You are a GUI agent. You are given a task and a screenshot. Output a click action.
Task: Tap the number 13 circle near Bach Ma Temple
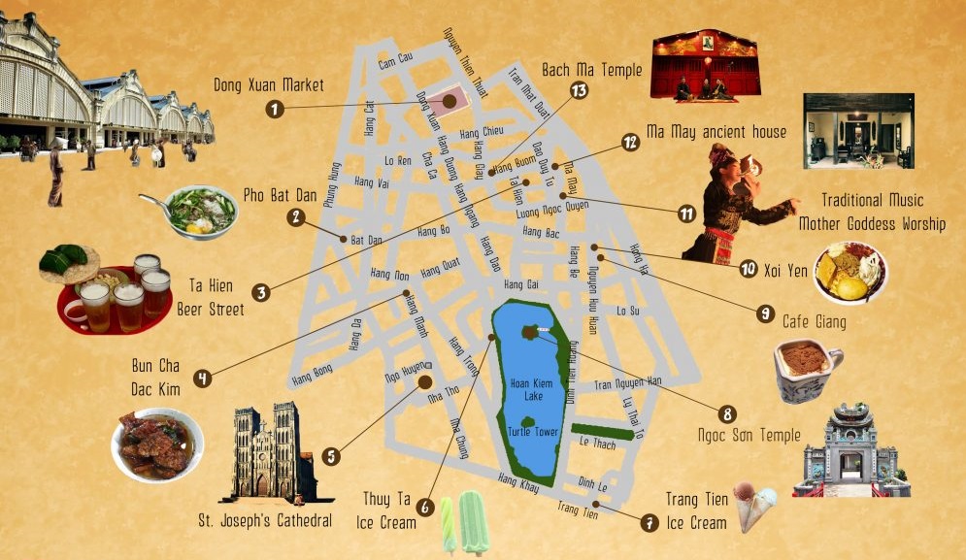[x=580, y=90]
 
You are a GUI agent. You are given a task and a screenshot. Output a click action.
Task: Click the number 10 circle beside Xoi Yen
[x=748, y=268]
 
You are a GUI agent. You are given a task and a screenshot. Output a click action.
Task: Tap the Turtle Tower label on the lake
[x=533, y=432]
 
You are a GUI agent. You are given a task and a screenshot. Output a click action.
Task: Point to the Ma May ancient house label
[x=716, y=131]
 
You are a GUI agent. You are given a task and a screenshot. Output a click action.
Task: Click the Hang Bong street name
[x=312, y=381]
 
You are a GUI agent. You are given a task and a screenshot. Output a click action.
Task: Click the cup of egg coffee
[x=806, y=370]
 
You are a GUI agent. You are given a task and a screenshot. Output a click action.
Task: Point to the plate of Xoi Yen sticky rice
[x=850, y=271]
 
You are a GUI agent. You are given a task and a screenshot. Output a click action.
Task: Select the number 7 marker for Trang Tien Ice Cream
[x=649, y=521]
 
